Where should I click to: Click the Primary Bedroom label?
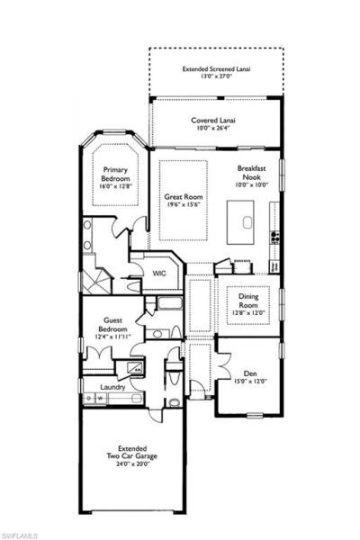115,174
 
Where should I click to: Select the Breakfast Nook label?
252,174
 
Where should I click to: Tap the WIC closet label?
158,273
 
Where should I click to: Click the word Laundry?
112,388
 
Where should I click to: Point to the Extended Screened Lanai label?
214,68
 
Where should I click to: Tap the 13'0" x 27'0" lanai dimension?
214,76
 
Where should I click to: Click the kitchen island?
240,220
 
